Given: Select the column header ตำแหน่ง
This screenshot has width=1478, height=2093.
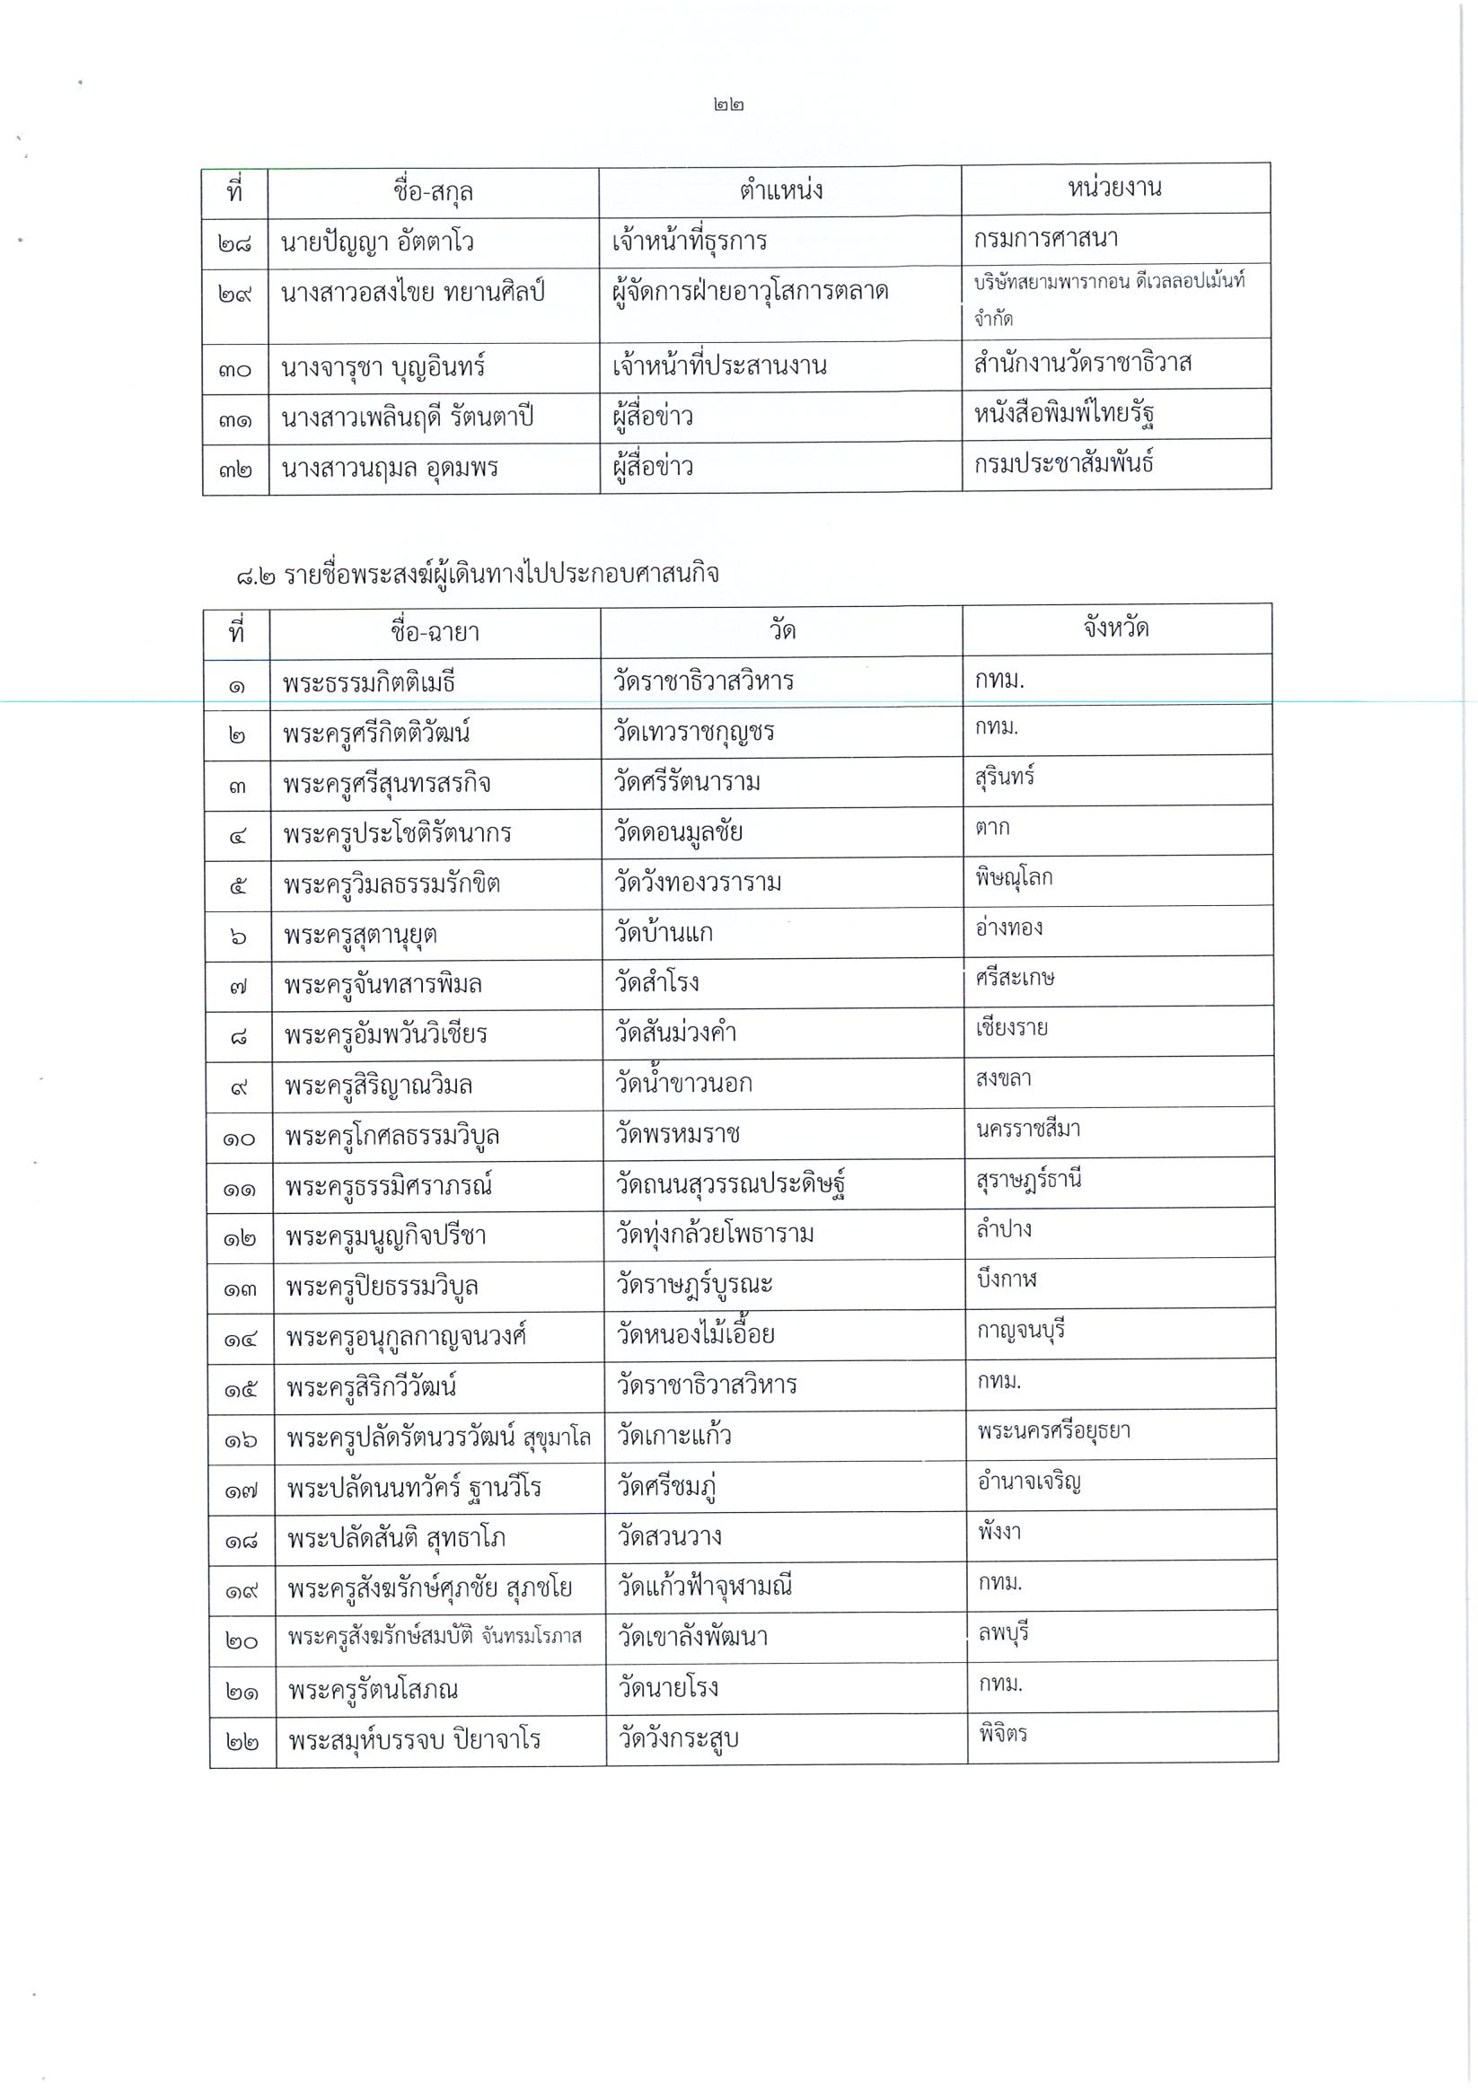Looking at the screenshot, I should coord(780,190).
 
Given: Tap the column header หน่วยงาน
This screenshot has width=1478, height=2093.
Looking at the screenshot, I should coord(1114,189).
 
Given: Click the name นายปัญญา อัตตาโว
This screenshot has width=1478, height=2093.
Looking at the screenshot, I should coord(377,243).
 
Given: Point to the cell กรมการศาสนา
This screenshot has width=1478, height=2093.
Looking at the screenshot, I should coord(1045,239).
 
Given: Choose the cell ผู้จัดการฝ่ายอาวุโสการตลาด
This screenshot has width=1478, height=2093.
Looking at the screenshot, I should coord(751,292).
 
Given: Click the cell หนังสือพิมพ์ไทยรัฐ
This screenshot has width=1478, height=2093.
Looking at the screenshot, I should coord(1064,415).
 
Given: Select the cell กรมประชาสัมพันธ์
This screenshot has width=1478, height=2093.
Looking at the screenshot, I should coord(1063,464).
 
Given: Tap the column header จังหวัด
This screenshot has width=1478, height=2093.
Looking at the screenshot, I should coord(1115,629).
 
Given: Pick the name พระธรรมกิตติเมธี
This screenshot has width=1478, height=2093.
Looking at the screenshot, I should coord(368,682).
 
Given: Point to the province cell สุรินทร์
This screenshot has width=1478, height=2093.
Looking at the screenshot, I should coord(1004,778).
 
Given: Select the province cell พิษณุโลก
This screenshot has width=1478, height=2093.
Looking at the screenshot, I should coord(1013,878).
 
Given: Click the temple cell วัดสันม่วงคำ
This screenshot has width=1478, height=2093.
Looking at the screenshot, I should coord(675,1033).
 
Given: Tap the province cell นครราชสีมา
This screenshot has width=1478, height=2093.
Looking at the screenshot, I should coord(1027,1129).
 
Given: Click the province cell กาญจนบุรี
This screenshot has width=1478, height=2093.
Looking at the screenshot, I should coord(1020,1330).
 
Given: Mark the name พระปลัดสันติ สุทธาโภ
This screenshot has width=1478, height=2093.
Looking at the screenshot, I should coord(396,1539).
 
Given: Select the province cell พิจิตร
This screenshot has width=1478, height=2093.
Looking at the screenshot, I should coord(1003,1733).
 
